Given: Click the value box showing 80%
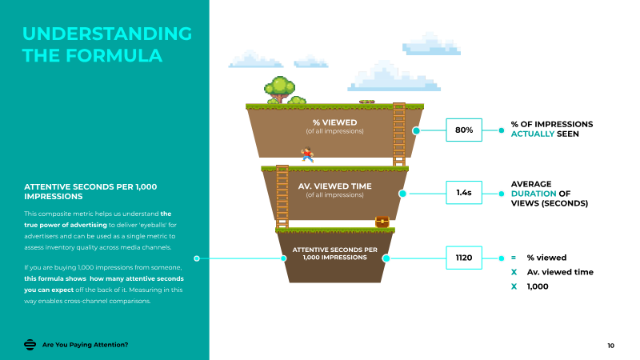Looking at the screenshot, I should click(x=464, y=130).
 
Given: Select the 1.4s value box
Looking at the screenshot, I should click(x=464, y=193).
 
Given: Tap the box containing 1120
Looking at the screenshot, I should click(x=464, y=258).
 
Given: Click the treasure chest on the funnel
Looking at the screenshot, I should click(x=382, y=221).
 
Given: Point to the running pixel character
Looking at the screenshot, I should click(x=307, y=154).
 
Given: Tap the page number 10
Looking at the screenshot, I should click(x=611, y=345).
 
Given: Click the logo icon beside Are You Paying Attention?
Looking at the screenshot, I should click(x=30, y=345).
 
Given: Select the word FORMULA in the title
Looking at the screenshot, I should click(x=118, y=55).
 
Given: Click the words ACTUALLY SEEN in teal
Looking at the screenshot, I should click(x=544, y=134).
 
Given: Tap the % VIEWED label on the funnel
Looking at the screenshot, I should click(x=334, y=122).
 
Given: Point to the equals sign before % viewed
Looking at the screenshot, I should click(x=514, y=258).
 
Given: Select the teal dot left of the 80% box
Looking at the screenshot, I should click(x=415, y=130).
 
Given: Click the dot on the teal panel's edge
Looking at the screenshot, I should click(x=198, y=258).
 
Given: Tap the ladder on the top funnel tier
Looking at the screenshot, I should click(x=398, y=134).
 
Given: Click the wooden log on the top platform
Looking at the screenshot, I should click(x=367, y=102).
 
